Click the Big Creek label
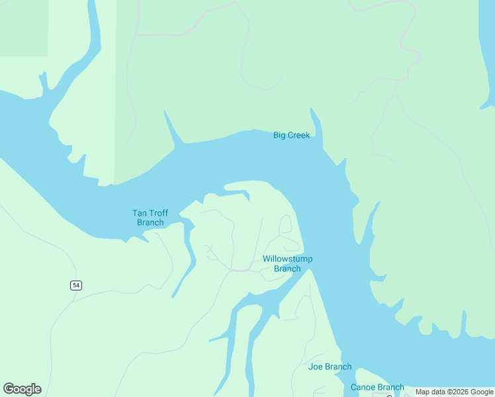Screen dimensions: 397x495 point(291,136)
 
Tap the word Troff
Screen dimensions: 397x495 point(158,213)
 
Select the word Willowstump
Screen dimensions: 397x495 point(287,259)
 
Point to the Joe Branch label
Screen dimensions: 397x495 point(330,367)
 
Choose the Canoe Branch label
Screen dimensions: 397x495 point(377,387)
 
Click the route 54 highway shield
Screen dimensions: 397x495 point(76,285)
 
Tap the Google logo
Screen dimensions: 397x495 point(22,389)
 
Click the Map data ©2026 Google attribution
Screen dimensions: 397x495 point(455,392)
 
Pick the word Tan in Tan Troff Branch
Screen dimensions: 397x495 point(139,213)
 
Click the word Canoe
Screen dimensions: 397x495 point(363,387)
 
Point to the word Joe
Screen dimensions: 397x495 point(315,367)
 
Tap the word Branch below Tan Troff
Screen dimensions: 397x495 point(150,222)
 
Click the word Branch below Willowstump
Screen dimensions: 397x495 point(287,269)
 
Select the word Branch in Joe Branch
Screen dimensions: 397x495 point(338,367)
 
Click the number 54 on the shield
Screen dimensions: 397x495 point(76,285)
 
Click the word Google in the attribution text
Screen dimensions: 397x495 point(482,392)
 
